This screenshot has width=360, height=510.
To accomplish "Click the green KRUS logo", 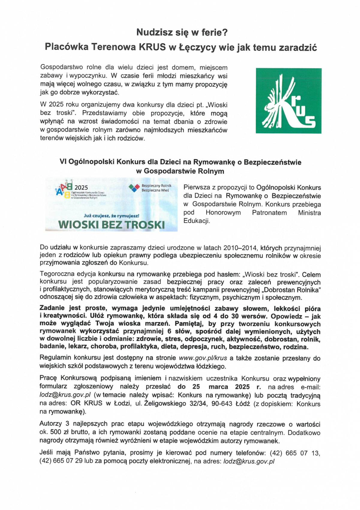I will (288, 101).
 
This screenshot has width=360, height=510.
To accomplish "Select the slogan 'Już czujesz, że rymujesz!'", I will (112, 216).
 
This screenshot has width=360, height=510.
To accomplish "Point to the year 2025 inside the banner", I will (81, 188).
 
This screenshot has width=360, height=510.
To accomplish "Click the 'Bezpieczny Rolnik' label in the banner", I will (156, 186).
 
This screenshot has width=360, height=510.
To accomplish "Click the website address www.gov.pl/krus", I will (203, 358).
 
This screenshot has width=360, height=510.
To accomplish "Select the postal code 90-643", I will (222, 404).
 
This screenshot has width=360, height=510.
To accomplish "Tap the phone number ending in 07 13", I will (295, 453).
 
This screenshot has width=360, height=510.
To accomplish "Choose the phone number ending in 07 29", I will (61, 461).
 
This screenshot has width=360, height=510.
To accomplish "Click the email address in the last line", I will (249, 461).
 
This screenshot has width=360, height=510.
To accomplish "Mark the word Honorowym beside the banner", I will (223, 213).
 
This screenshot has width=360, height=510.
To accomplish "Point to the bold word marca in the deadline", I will (218, 387).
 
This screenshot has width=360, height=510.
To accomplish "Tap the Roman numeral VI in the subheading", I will (63, 162).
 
